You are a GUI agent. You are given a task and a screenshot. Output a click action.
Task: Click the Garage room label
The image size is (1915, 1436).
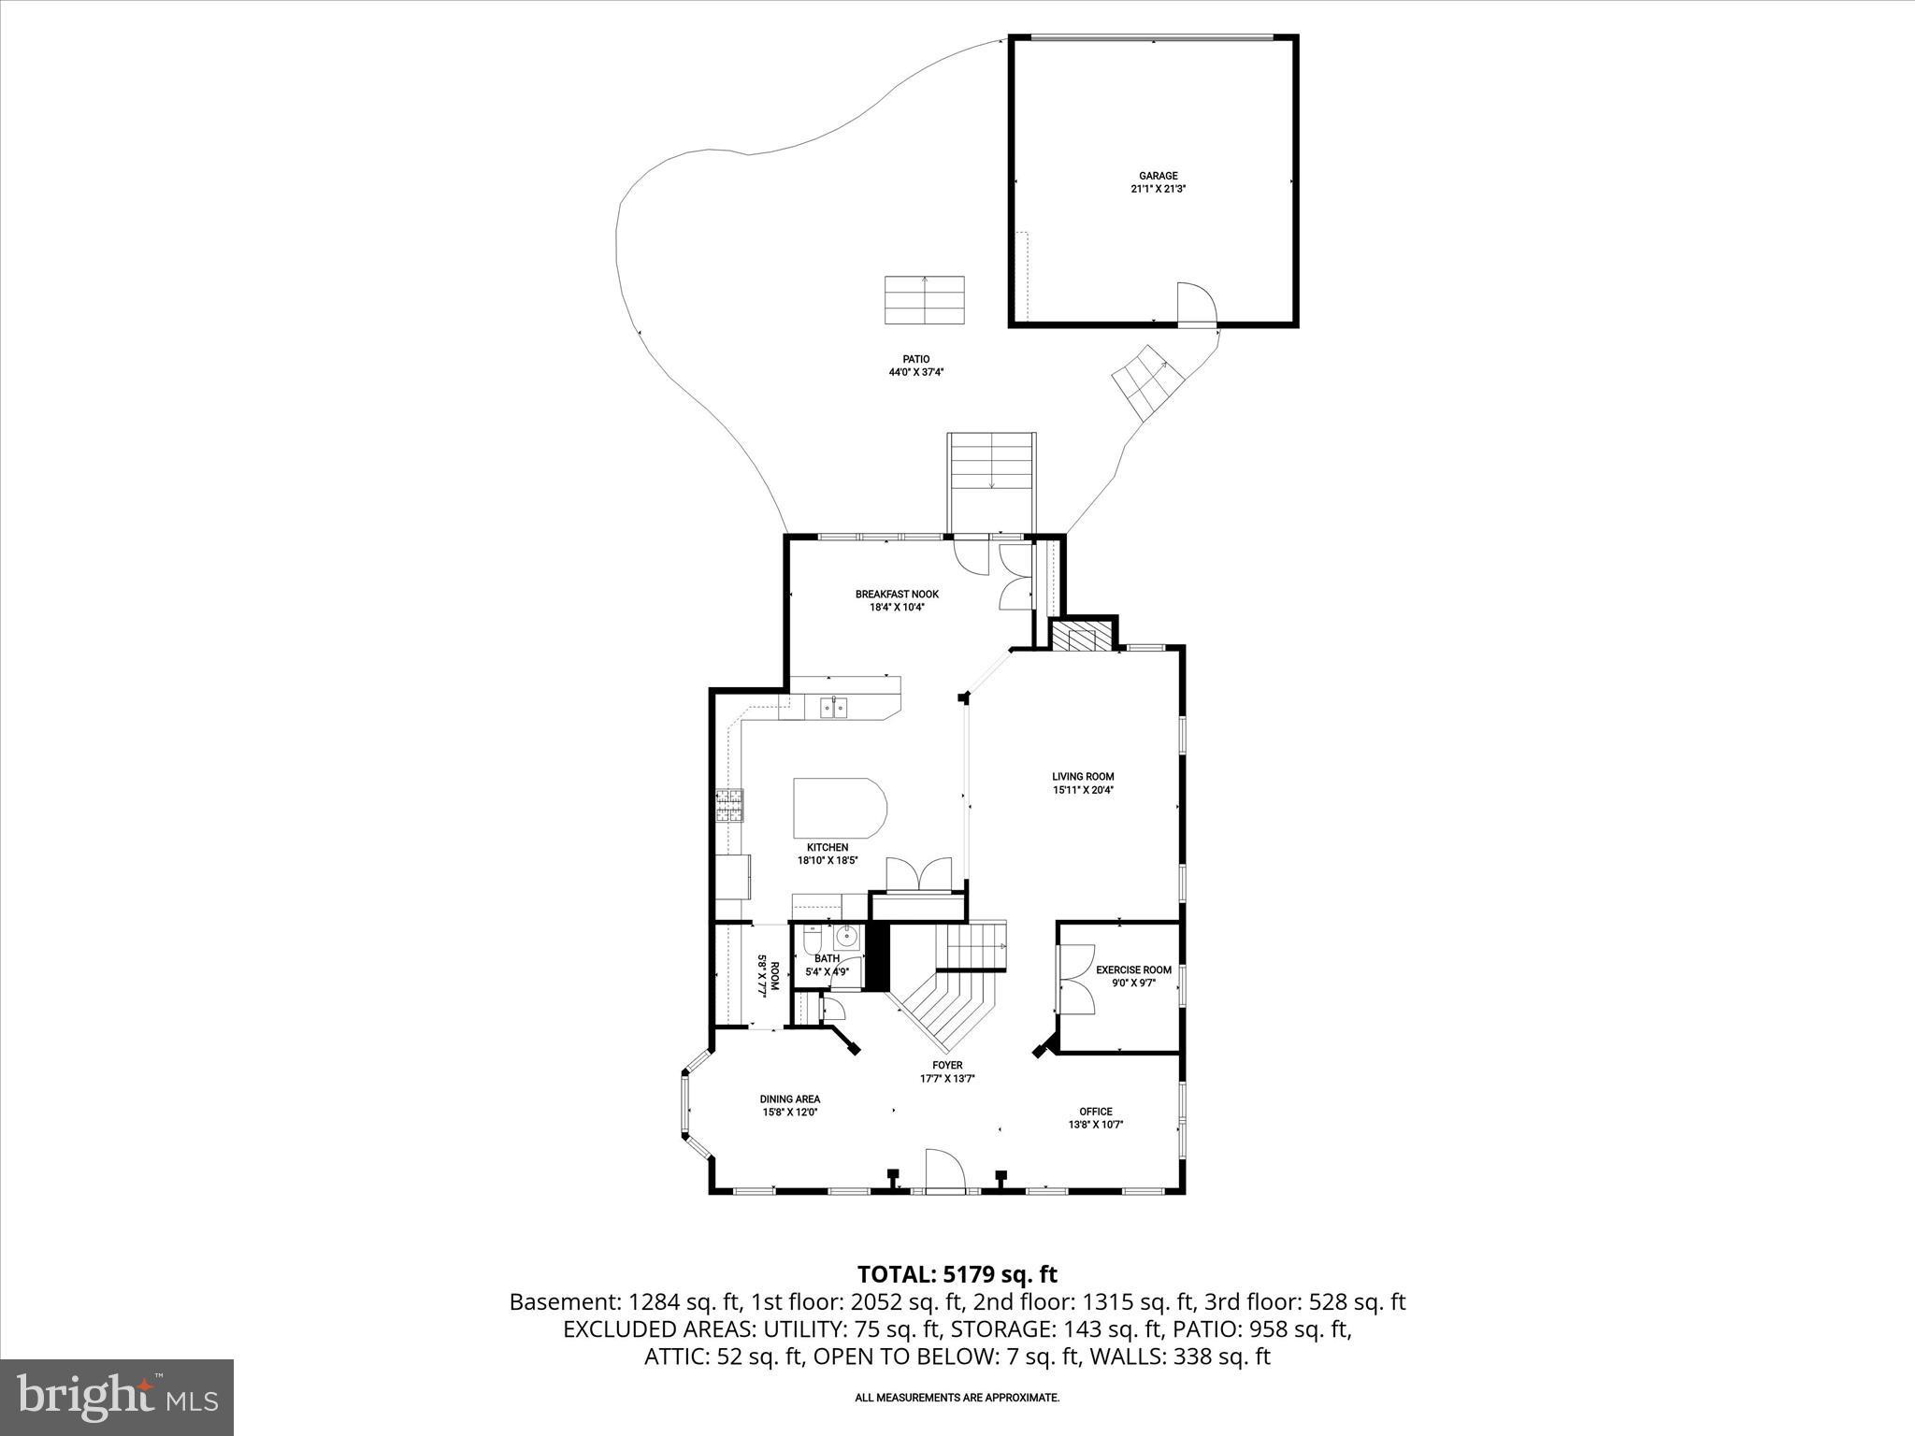[x=1158, y=176]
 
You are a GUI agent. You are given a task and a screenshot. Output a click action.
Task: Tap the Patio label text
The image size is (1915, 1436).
[x=915, y=359]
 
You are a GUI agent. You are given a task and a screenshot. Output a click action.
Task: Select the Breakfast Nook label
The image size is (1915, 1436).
[x=897, y=594]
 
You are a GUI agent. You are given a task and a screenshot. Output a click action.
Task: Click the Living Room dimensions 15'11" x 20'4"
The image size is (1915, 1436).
[x=1083, y=790]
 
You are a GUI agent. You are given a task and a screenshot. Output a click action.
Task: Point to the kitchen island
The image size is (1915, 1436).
[x=839, y=809]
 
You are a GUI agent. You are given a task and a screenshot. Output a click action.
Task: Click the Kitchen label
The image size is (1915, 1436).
[x=828, y=848]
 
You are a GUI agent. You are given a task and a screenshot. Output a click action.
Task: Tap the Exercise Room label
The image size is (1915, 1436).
[x=1133, y=970]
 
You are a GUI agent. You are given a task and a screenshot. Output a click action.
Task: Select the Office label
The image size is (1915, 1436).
[x=1095, y=1112]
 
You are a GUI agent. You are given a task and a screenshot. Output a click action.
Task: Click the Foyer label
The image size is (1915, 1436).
[x=946, y=1066]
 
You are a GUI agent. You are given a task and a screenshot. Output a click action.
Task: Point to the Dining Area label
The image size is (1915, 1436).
[x=790, y=1099]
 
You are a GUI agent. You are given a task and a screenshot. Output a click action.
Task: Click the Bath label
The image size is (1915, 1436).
[x=827, y=958]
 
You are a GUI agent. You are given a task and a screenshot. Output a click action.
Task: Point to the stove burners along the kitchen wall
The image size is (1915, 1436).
[x=729, y=806]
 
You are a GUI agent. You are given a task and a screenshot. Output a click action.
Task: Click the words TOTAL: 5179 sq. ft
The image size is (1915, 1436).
[x=957, y=1274]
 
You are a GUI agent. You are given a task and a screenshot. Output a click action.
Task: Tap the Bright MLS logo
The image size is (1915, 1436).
[x=117, y=1396]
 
